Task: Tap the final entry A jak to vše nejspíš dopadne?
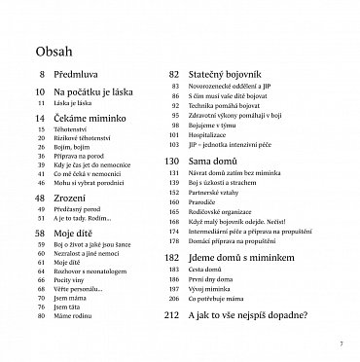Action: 263,343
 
